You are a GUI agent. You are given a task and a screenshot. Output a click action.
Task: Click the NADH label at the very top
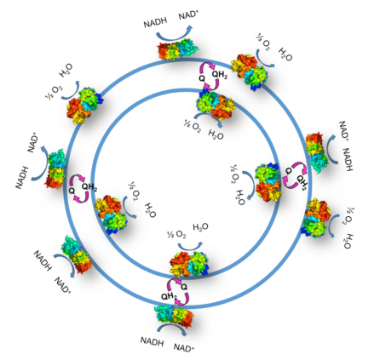pyautogui.click(x=155, y=22)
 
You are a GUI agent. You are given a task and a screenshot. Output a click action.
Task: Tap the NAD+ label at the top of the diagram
pyautogui.click(x=187, y=15)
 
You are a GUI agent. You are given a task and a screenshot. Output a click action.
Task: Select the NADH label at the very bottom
pyautogui.click(x=152, y=341)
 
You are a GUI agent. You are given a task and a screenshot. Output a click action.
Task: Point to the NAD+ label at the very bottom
pyautogui.click(x=184, y=347)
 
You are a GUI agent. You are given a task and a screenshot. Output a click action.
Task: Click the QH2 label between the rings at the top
pyautogui.click(x=220, y=75)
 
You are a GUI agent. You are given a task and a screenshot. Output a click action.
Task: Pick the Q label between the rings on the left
pyautogui.click(x=72, y=191)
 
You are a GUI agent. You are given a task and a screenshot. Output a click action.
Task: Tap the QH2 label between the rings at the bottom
pyautogui.click(x=169, y=297)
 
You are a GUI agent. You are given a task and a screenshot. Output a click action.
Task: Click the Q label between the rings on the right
pyautogui.click(x=288, y=171)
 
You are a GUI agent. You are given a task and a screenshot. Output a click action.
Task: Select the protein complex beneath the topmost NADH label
pyautogui.click(x=178, y=49)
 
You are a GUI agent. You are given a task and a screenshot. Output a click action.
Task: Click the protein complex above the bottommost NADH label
pyautogui.click(x=174, y=316)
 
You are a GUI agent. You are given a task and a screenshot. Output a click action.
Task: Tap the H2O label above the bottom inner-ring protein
pyautogui.click(x=200, y=227)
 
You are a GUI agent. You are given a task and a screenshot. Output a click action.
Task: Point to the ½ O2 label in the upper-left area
pyautogui.click(x=54, y=92)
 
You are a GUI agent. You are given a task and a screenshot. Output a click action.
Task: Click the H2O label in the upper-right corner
pyautogui.click(x=285, y=54)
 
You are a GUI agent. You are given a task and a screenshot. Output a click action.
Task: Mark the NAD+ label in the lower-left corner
pyautogui.click(x=62, y=285)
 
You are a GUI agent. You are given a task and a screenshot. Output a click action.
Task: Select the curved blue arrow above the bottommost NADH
pyautogui.click(x=172, y=327)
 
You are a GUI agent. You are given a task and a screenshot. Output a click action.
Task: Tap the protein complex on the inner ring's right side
pyautogui.click(x=268, y=182)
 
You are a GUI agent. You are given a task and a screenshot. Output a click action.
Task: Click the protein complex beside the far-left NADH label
pyautogui.click(x=55, y=169)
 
